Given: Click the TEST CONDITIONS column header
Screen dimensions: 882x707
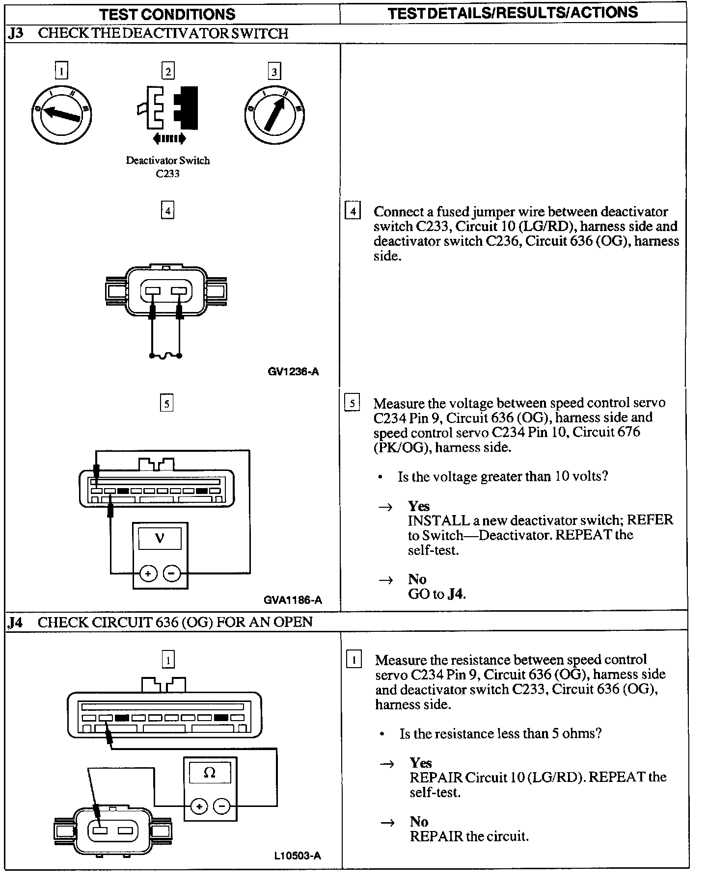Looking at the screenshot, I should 167,14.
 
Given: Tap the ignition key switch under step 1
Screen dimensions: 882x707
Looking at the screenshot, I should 61,114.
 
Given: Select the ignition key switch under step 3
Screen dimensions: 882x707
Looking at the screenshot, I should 274,114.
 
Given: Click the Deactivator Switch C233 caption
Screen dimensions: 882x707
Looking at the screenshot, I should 167,167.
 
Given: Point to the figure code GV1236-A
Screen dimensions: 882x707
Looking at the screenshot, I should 293,371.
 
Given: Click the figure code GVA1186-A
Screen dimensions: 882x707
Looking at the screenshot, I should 293,599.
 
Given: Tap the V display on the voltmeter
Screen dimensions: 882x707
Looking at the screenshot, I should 160,538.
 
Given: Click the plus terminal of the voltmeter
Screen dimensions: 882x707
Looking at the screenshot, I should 148,573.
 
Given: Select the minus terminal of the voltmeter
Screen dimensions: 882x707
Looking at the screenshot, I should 171,573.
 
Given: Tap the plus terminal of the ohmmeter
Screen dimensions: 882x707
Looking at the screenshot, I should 199,806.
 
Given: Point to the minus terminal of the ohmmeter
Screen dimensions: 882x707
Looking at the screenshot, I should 222,806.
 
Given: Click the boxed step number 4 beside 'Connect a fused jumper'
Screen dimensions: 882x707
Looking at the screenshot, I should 353,212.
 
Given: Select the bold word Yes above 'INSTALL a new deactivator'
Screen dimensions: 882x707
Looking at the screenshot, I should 419,506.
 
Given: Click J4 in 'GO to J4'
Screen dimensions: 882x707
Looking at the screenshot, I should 456,594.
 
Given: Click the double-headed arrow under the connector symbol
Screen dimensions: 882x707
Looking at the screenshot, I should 169,139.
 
